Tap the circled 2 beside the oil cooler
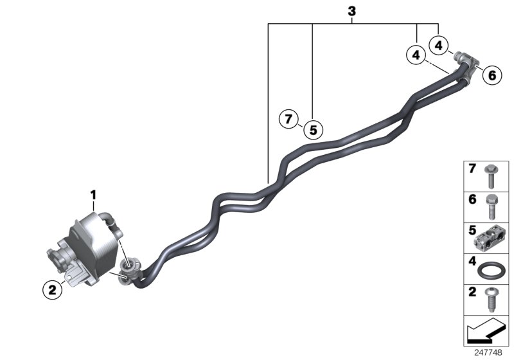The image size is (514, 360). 53,290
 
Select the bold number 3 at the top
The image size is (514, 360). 351,12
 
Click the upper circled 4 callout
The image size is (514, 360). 439,45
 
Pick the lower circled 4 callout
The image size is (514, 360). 416,56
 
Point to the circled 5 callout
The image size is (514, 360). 313,130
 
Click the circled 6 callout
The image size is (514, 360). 492,75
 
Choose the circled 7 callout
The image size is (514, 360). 289,119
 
